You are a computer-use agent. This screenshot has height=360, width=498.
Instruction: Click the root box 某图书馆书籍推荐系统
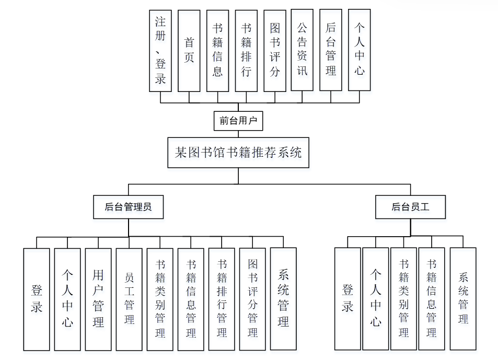pos(238,153)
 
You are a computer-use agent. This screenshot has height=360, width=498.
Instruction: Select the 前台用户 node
pos(238,121)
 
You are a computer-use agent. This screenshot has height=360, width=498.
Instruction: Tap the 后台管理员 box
pos(129,207)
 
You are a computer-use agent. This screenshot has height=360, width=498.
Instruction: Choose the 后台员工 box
pos(410,207)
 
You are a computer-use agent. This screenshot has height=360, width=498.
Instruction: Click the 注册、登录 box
pos(160,50)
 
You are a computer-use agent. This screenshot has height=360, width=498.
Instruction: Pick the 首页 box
pos(189,50)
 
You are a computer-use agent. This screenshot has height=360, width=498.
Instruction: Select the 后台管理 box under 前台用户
pos(331,50)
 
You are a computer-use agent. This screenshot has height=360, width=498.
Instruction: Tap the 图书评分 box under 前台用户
pos(275,50)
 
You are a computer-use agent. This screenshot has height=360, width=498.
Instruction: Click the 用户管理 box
pos(98,299)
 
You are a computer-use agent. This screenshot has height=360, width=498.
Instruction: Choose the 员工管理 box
pos(129,299)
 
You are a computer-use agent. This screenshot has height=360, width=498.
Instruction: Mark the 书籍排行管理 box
pos(222,299)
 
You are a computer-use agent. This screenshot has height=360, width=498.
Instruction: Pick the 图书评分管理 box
pos(252,299)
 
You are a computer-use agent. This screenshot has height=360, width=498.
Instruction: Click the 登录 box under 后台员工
pos(348,299)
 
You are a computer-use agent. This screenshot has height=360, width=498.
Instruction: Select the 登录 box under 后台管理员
pos(37,299)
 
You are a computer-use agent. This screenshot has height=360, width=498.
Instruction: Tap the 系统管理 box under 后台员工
pos(463,299)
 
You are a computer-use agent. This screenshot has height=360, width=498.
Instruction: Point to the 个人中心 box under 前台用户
pos(360,50)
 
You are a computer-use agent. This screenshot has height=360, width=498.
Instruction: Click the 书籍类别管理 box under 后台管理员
pos(160,299)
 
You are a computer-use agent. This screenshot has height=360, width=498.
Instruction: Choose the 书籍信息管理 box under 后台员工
pos(432,299)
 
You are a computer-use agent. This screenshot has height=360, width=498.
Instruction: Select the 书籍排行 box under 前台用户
pos(246,50)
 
